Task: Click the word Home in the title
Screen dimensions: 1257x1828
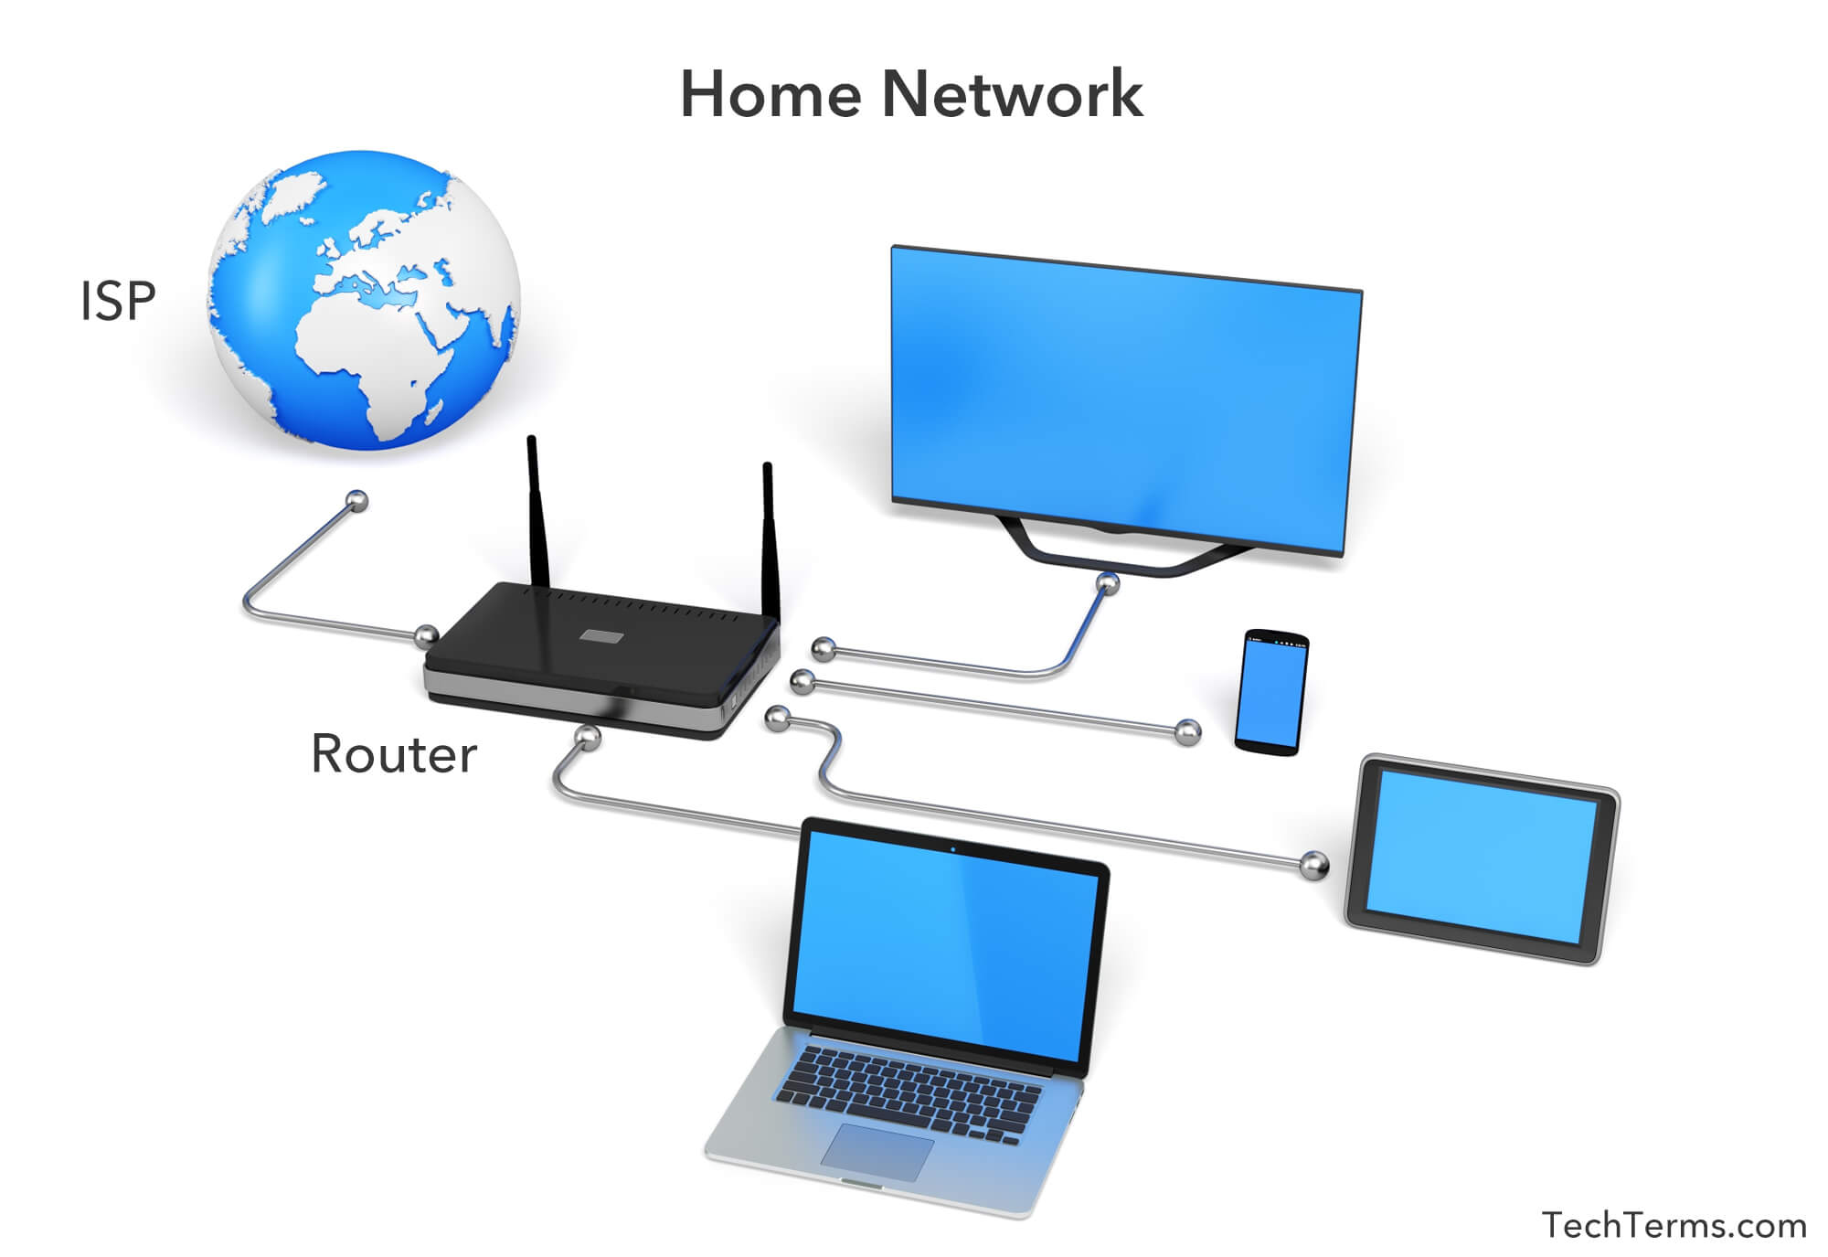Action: pyautogui.click(x=771, y=94)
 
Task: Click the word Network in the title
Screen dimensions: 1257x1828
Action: pyautogui.click(x=1012, y=94)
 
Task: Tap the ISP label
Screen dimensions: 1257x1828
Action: pyautogui.click(x=118, y=301)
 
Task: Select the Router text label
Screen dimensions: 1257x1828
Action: pyautogui.click(x=394, y=754)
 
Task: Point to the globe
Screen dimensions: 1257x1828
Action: pyautogui.click(x=364, y=300)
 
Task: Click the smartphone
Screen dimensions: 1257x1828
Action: pyautogui.click(x=1271, y=691)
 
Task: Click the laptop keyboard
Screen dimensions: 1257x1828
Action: pyautogui.click(x=909, y=1093)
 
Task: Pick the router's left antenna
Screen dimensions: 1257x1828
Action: pyautogui.click(x=537, y=512)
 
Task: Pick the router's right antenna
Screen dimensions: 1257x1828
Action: pyautogui.click(x=770, y=539)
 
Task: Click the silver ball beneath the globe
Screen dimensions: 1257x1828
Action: pyautogui.click(x=356, y=500)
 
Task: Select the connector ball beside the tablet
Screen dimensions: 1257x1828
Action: pyautogui.click(x=1314, y=864)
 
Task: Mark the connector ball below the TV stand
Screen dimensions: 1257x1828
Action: pyautogui.click(x=1108, y=582)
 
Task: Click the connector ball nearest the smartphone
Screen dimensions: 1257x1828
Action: pyautogui.click(x=1187, y=731)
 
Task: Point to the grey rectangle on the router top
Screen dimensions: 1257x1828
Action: pyautogui.click(x=602, y=636)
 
